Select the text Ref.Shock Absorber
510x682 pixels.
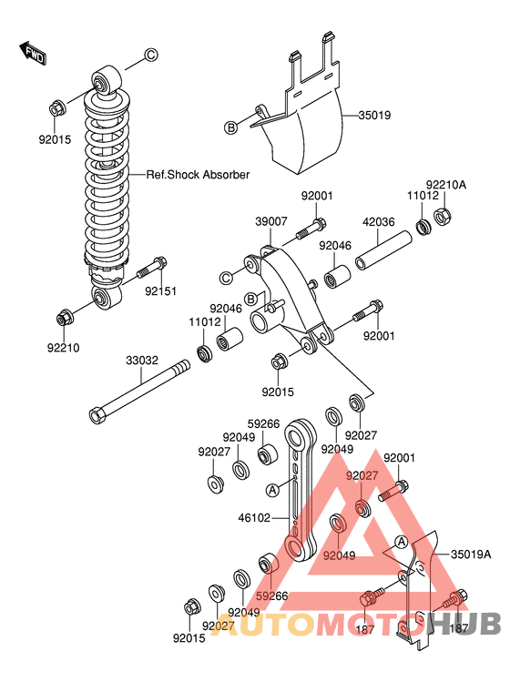point(198,175)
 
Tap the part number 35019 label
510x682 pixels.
point(373,116)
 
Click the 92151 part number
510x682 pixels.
point(161,292)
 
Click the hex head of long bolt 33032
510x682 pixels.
point(97,415)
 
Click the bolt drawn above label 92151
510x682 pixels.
point(151,269)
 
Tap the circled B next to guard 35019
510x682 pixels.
point(231,127)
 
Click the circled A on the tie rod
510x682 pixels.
point(271,489)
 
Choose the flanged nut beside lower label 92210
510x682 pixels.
point(65,318)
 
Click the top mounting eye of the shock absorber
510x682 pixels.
point(105,81)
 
